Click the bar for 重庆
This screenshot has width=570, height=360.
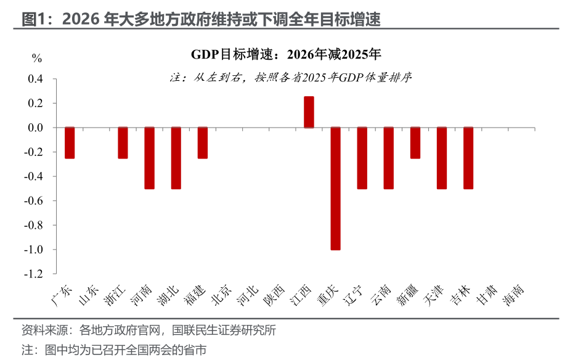coord(336,188)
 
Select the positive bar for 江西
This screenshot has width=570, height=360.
coord(309,112)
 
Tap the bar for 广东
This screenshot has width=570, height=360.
coord(70,143)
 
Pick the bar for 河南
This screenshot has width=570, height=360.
coord(150,158)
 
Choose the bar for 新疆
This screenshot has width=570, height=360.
coord(415,143)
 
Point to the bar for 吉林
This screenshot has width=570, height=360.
coord(468,158)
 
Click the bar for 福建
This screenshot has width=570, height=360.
coord(203,143)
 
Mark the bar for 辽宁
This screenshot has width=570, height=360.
coord(362,158)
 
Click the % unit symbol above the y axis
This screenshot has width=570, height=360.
coord(37,59)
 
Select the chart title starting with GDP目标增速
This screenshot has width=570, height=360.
coord(286,54)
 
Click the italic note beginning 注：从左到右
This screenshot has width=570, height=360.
coord(290,78)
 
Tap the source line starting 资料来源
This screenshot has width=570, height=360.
coord(149,330)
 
